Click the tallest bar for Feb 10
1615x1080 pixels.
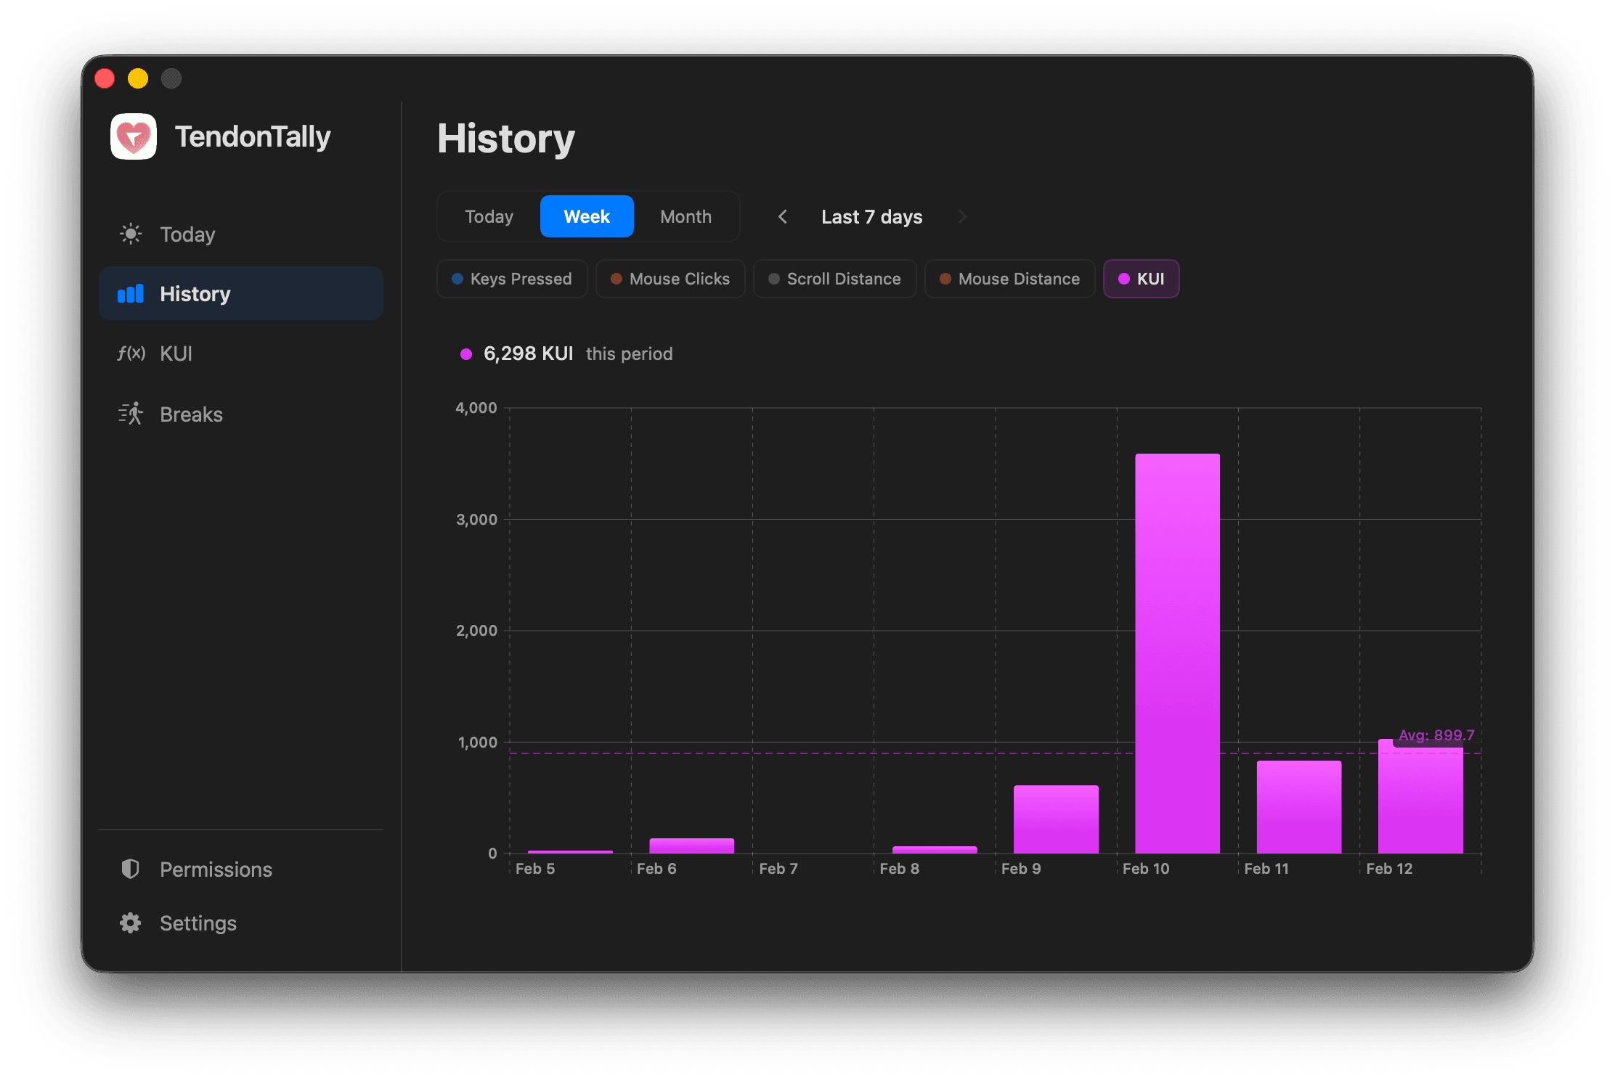tap(1177, 653)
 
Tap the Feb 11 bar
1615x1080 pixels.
tap(1298, 806)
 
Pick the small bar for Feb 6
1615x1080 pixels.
tap(691, 846)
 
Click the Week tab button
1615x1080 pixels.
tap(587, 216)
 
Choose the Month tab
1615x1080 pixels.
tap(686, 216)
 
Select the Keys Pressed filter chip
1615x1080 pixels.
tap(512, 279)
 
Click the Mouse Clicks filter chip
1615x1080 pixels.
tap(670, 279)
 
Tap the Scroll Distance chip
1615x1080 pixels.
tap(834, 279)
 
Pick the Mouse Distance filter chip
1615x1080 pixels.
tap(1009, 279)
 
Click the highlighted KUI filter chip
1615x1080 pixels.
tap(1141, 279)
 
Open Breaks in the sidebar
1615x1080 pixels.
tap(191, 414)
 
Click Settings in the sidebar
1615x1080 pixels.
tap(198, 923)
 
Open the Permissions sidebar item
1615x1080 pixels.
tap(216, 870)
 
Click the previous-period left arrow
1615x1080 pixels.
tap(782, 216)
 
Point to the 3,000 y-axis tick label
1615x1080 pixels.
tap(476, 520)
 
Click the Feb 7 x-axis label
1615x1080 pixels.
tap(778, 869)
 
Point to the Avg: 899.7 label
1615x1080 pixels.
tap(1436, 735)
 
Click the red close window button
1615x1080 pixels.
tap(105, 78)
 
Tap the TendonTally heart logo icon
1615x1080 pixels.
tap(134, 136)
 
